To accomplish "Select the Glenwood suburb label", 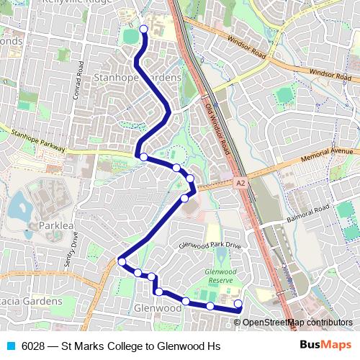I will click(157, 307).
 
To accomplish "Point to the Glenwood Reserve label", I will click(220, 275).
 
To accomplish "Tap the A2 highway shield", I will click(239, 184).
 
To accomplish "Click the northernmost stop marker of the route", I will click(143, 30).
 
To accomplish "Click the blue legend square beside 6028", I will click(9, 346).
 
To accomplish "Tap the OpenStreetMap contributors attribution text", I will click(297, 323).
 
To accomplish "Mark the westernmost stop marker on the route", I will click(122, 262).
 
